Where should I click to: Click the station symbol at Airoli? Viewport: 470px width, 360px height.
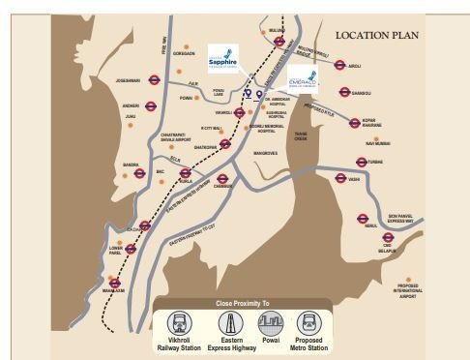coord(339,66)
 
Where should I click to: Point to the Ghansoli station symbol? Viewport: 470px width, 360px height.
coord(344,93)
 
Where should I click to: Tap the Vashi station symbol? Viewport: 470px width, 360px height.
coord(340,179)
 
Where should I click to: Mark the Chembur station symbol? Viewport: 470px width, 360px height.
coord(223,179)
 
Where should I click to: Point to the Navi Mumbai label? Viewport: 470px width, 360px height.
coord(376,142)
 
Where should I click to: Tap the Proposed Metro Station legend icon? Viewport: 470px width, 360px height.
coord(308,323)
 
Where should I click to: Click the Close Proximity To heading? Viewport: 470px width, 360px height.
coord(243,304)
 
